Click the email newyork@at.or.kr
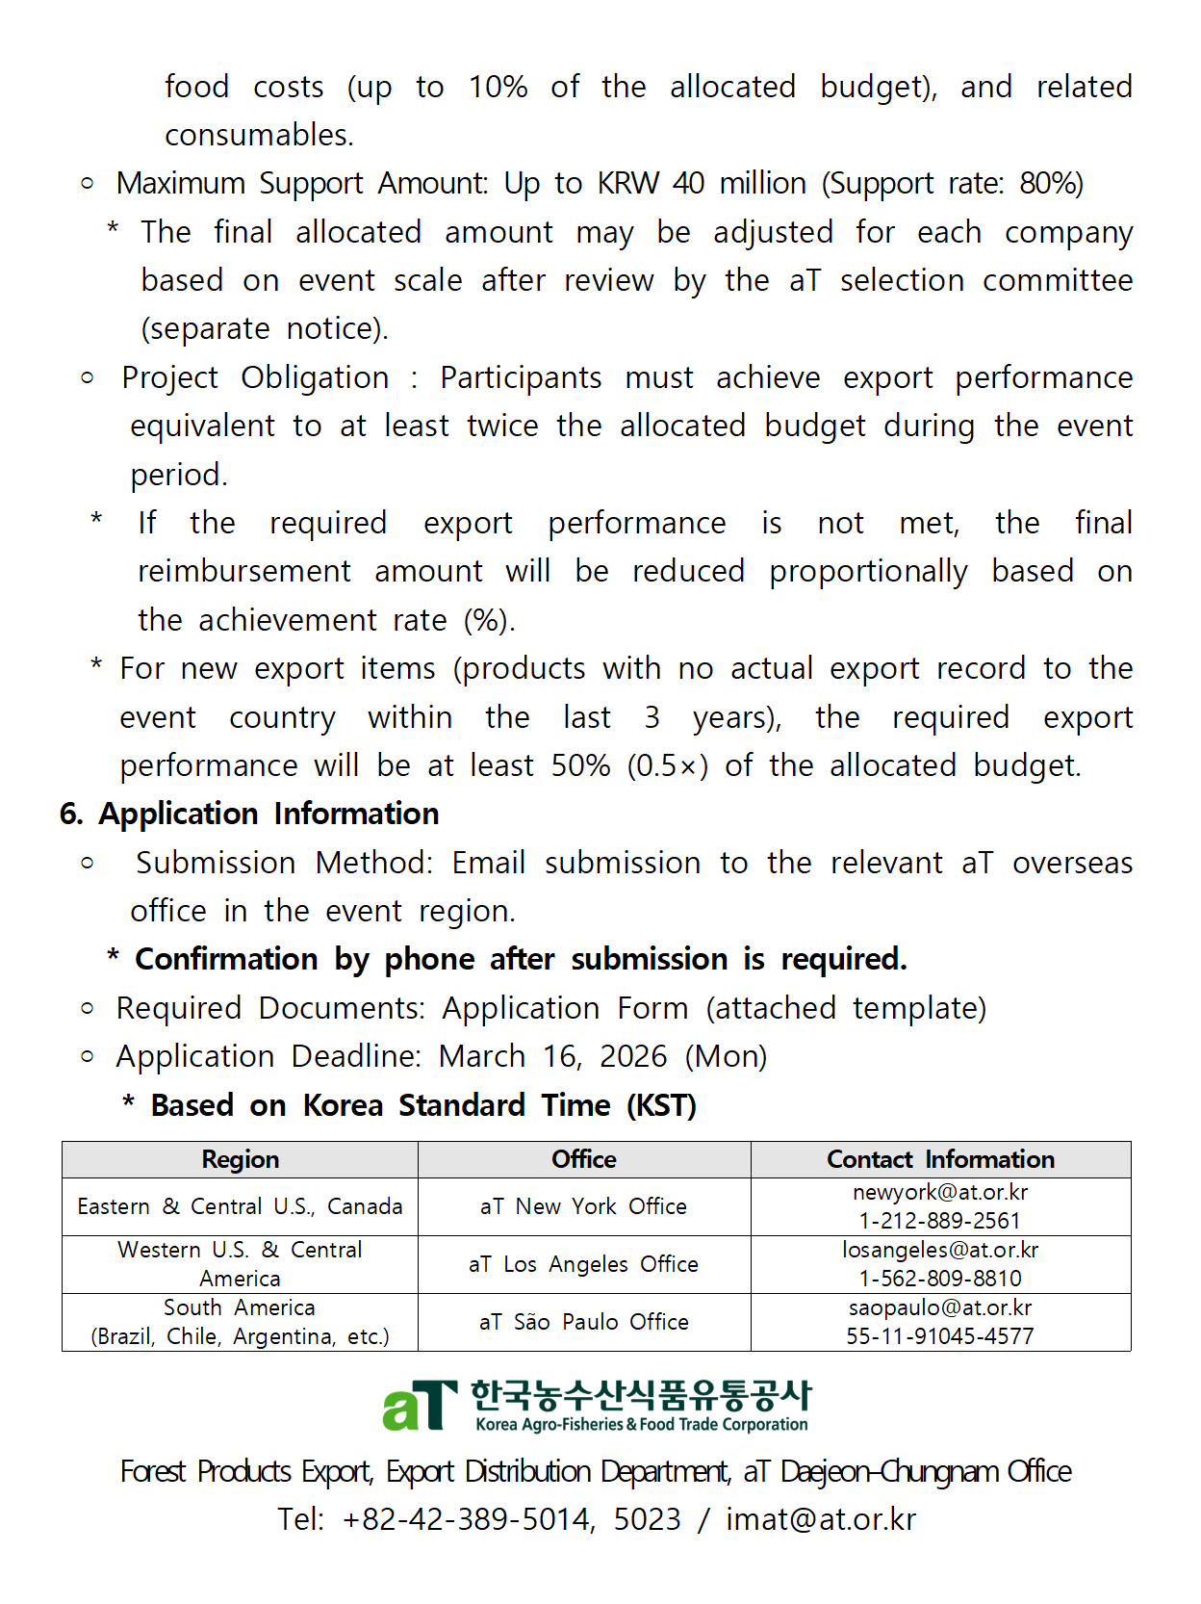[939, 1193]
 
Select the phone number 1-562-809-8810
[939, 1279]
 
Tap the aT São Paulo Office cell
[584, 1322]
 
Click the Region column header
[241, 1159]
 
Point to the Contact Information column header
[940, 1159]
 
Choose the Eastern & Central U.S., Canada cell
[241, 1206]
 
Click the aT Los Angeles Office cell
[584, 1264]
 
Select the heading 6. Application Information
[249, 814]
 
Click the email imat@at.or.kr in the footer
[820, 1519]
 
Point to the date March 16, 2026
[552, 1056]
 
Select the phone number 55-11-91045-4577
[939, 1336]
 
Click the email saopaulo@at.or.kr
[939, 1307]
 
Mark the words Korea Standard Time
[456, 1105]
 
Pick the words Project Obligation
[255, 377]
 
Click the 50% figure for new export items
[580, 765]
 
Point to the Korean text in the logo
[641, 1394]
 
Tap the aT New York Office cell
[584, 1206]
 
